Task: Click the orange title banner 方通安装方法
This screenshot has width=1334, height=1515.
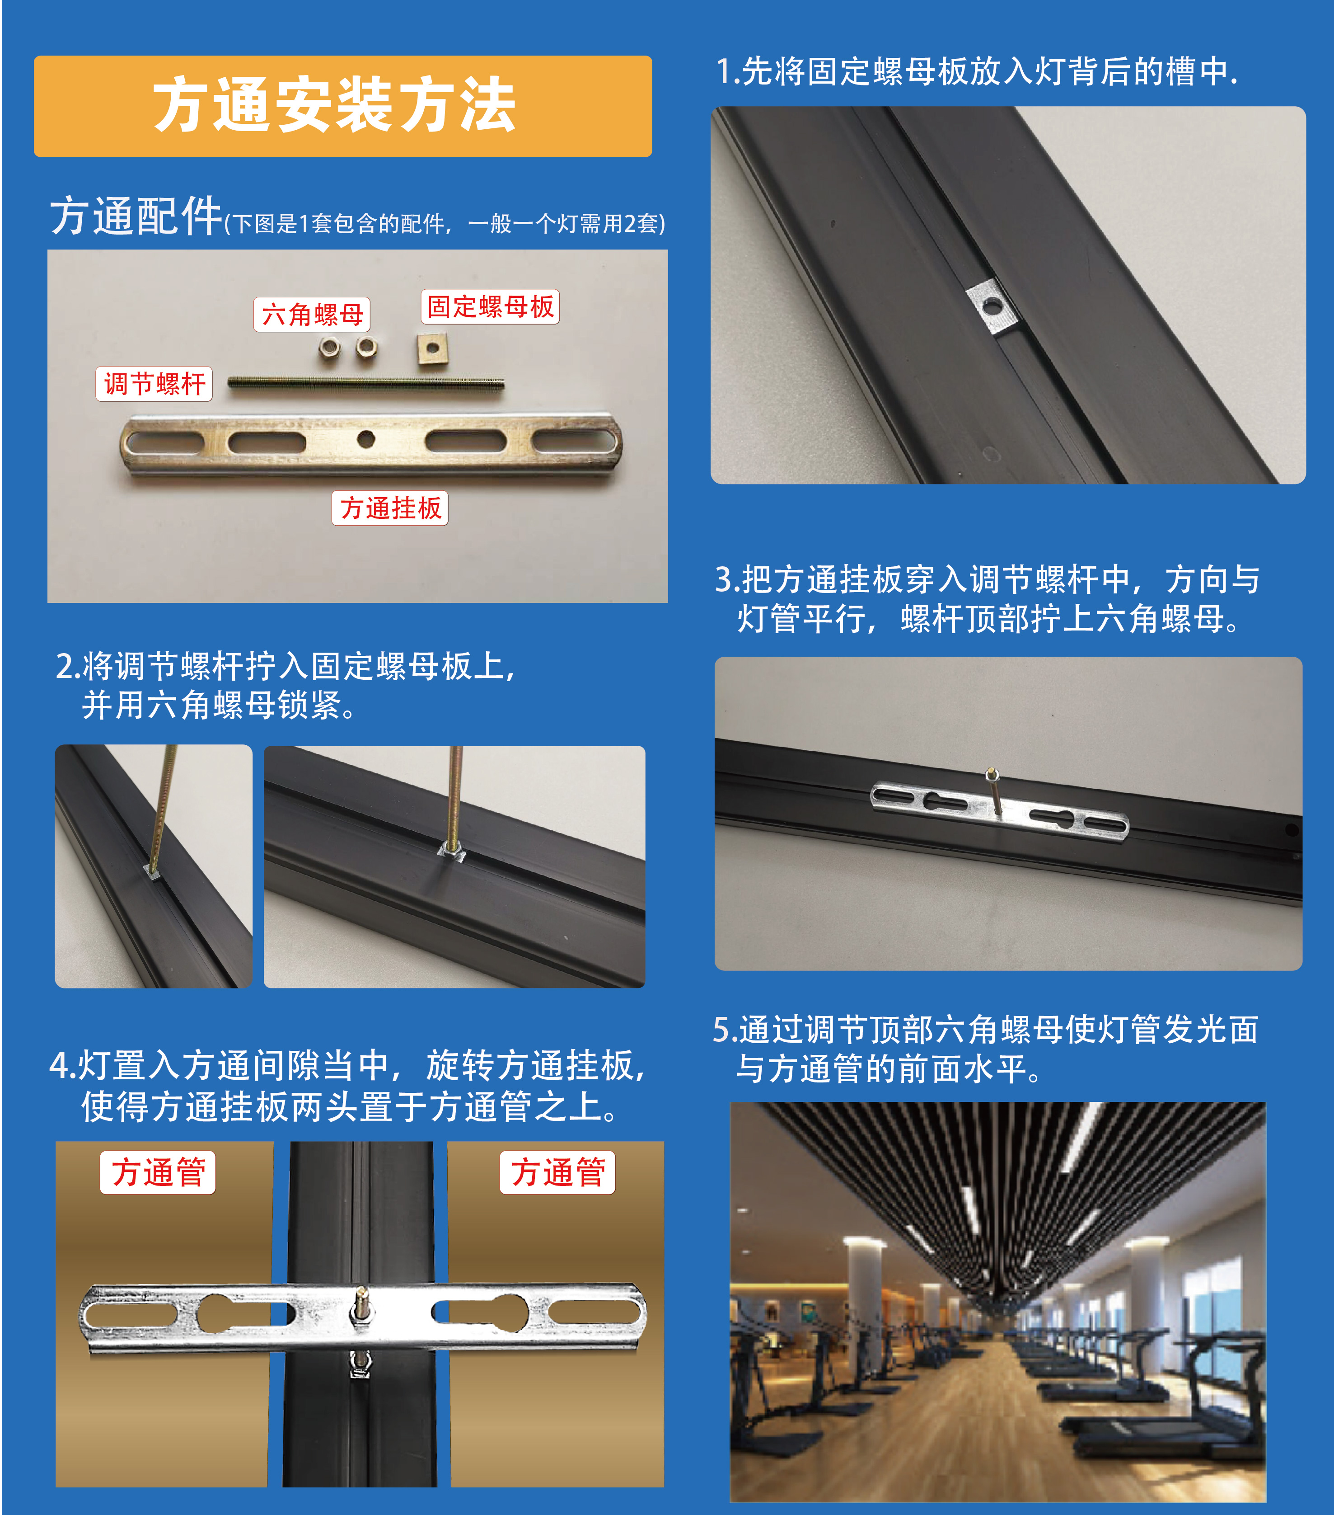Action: [x=343, y=106]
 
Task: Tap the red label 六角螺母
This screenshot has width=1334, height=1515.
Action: [x=312, y=314]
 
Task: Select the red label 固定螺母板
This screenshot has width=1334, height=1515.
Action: [x=490, y=306]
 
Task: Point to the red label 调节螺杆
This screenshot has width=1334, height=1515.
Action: [x=154, y=383]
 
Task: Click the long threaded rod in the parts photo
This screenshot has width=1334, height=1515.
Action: [x=366, y=383]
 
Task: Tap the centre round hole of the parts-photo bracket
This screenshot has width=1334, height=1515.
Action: [x=366, y=439]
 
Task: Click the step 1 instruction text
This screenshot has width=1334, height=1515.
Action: [x=976, y=72]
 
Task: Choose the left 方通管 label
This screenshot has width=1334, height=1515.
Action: [x=158, y=1172]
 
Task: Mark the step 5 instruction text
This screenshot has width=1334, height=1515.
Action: [x=985, y=1049]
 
